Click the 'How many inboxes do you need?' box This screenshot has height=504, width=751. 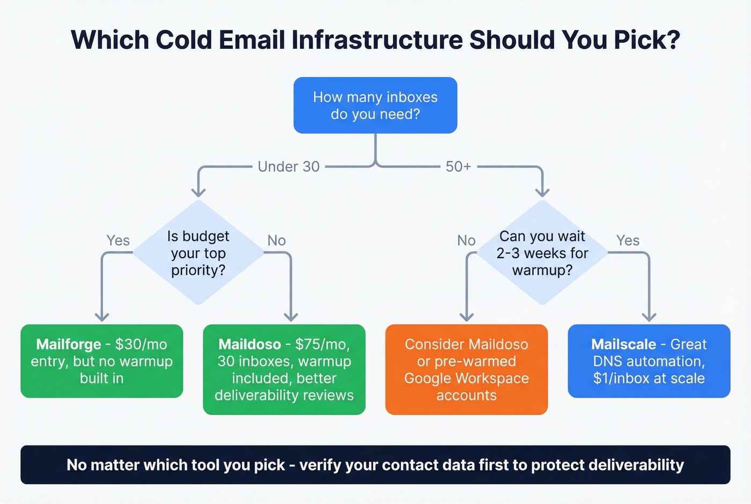(375, 105)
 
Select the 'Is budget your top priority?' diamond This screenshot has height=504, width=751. (198, 253)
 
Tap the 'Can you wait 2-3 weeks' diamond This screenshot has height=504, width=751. (542, 253)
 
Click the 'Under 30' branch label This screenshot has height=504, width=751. (289, 167)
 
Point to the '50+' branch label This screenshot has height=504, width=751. (458, 167)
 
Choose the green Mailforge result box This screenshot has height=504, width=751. (102, 361)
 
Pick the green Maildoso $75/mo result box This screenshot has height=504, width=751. (284, 369)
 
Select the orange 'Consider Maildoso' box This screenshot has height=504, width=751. (467, 369)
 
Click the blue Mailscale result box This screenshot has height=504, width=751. (649, 361)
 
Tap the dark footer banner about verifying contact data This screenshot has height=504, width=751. (376, 465)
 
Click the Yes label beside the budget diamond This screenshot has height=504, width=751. (118, 240)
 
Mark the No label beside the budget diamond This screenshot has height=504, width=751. (277, 240)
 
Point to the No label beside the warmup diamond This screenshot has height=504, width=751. (466, 240)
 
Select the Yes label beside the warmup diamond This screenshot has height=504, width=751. (628, 240)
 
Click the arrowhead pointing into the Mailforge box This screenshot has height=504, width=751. (102, 317)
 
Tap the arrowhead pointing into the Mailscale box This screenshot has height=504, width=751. (649, 317)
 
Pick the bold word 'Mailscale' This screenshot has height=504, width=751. (623, 344)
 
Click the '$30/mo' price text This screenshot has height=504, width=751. (141, 344)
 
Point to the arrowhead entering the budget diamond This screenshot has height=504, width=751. (198, 192)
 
